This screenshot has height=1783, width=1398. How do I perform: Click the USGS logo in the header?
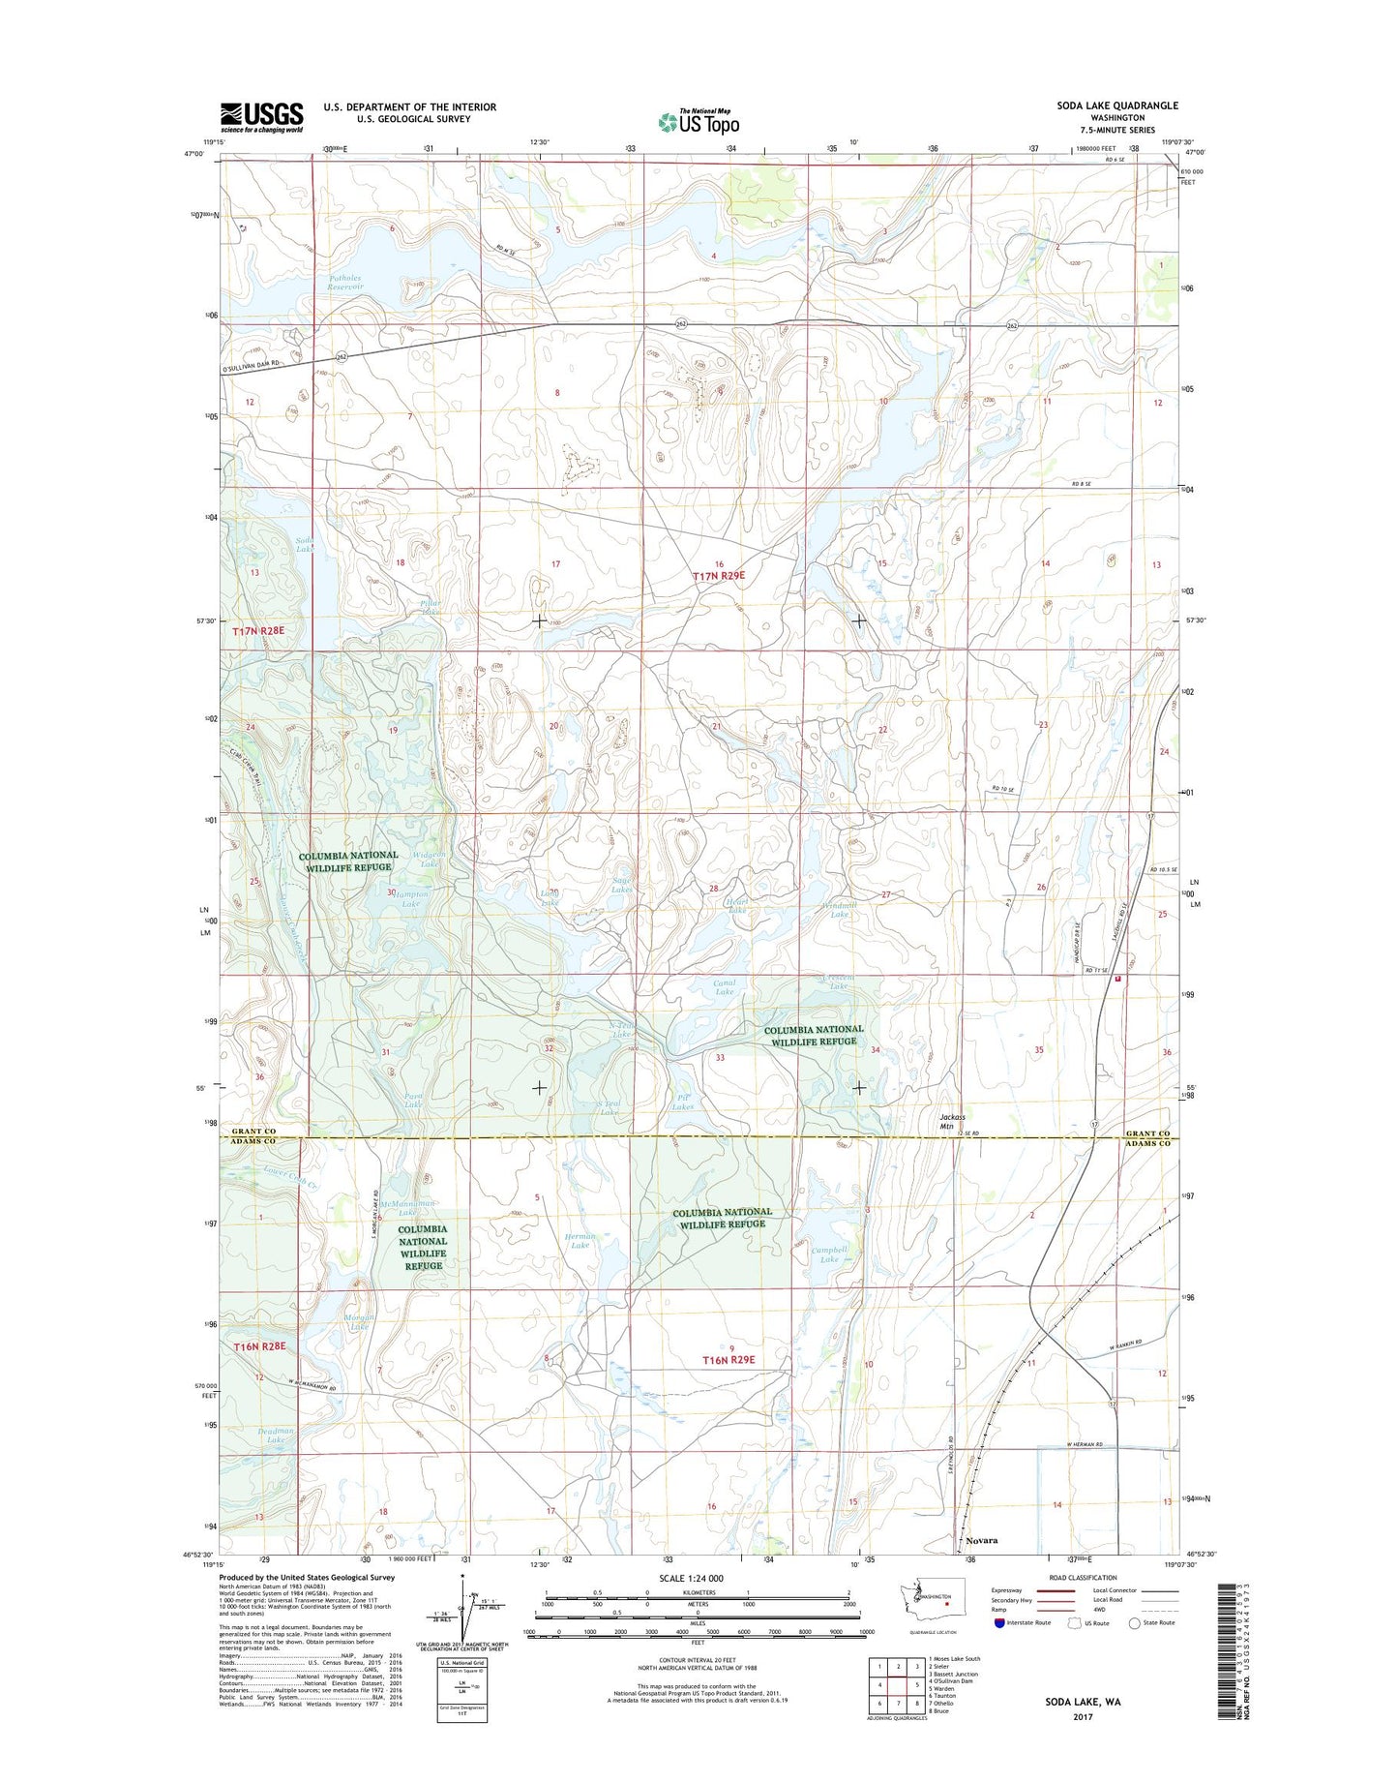point(261,117)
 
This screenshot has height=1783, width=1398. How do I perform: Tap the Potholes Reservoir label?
point(344,282)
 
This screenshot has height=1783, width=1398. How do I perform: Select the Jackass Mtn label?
point(952,1122)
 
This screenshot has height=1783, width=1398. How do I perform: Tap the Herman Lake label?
point(579,1241)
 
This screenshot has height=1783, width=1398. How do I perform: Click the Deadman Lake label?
point(276,1435)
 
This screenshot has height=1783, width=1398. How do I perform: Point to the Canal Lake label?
point(724,987)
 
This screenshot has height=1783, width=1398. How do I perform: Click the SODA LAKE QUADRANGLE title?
point(1116,106)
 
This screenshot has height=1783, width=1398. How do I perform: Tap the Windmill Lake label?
point(839,909)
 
